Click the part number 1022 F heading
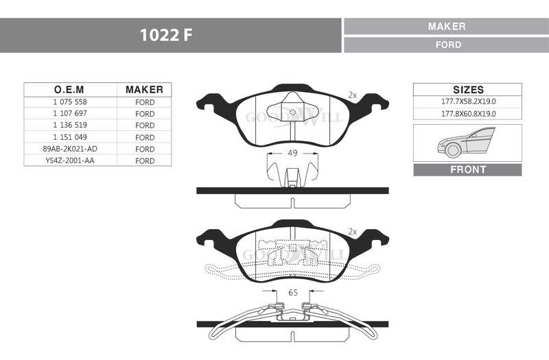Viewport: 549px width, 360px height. tap(166, 35)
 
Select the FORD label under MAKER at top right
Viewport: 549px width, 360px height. tap(449, 45)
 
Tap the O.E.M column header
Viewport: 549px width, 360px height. tap(69, 90)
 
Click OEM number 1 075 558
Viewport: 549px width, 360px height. tap(70, 101)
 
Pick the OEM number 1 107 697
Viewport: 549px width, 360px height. tap(70, 113)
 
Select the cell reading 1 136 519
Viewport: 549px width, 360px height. tap(70, 125)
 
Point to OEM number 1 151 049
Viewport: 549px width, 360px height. tap(70, 137)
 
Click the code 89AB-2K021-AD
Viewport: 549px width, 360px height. tap(70, 149)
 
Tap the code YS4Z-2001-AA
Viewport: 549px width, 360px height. tap(70, 160)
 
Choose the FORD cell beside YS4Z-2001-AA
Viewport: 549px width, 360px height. tap(145, 161)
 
